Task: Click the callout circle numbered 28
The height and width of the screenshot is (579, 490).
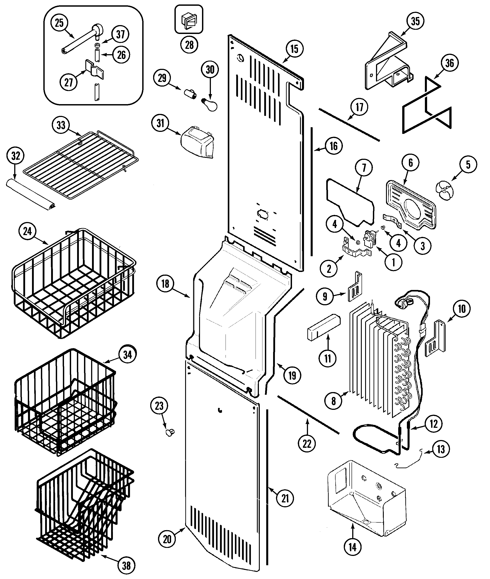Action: click(189, 44)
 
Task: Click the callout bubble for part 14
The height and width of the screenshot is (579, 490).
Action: click(352, 547)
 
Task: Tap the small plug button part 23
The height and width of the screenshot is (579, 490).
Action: click(169, 432)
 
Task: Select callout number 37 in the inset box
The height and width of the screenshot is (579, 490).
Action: click(120, 34)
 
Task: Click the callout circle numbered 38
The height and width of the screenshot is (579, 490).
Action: click(126, 565)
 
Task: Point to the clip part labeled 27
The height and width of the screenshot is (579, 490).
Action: click(95, 69)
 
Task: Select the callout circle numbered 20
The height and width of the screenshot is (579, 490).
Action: click(167, 539)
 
